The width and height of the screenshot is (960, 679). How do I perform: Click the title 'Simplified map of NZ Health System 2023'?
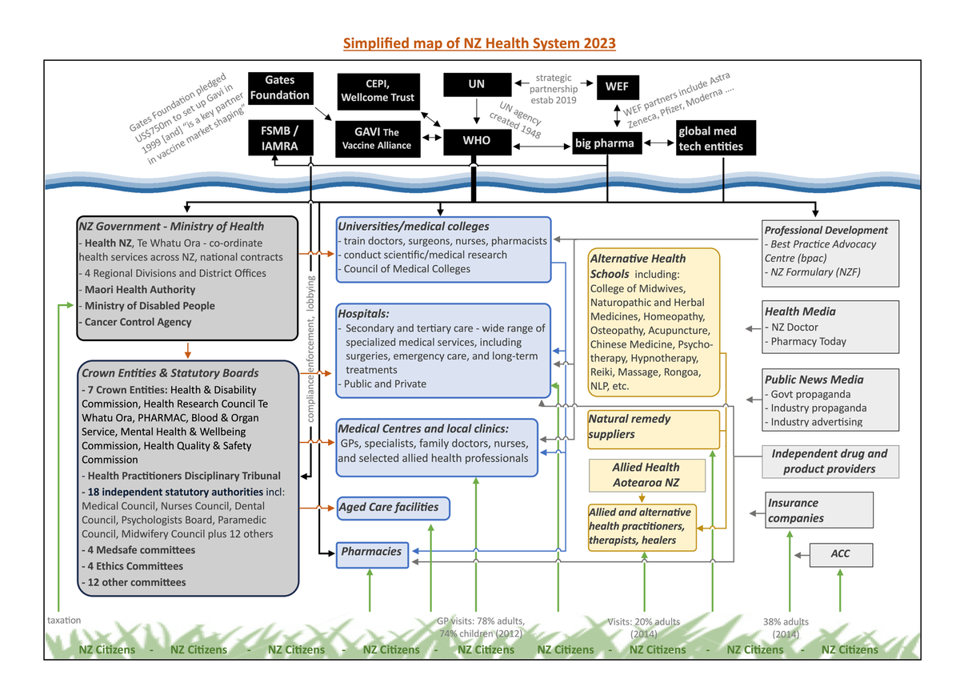(x=479, y=42)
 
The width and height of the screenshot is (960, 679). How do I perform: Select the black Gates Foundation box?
(x=279, y=87)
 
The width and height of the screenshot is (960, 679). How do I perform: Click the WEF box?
(x=617, y=86)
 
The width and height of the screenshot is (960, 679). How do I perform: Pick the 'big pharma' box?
(x=605, y=143)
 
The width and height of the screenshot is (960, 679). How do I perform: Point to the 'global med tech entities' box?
(x=714, y=139)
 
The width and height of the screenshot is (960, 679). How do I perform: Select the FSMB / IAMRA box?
(x=279, y=138)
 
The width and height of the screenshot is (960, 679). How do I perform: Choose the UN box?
(x=476, y=84)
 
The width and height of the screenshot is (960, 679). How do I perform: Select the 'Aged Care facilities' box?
(x=393, y=508)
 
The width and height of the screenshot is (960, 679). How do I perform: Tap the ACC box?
(x=840, y=554)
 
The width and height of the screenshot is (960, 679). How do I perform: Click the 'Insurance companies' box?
(x=818, y=510)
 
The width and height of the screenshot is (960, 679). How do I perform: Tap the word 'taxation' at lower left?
(x=64, y=620)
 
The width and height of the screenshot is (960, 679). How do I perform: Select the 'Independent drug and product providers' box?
(x=829, y=461)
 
